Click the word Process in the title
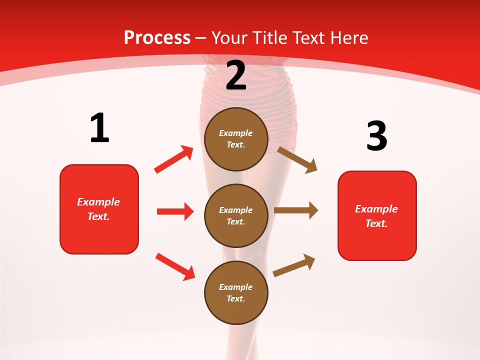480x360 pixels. click(157, 38)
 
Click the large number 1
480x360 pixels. click(99, 128)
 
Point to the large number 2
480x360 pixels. click(236, 75)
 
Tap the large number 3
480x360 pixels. click(376, 136)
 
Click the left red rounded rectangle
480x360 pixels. click(99, 209)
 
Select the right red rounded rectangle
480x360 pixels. click(377, 215)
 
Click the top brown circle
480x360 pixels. click(236, 139)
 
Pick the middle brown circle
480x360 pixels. click(236, 215)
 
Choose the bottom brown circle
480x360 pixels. click(236, 292)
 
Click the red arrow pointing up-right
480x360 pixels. click(174, 159)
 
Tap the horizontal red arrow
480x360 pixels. click(175, 211)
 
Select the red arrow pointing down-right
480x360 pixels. click(175, 266)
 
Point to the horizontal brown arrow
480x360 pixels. click(296, 210)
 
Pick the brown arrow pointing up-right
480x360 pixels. click(294, 265)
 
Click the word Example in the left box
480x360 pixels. click(98, 202)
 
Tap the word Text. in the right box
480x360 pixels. click(376, 223)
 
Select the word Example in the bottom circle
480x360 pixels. click(236, 287)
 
